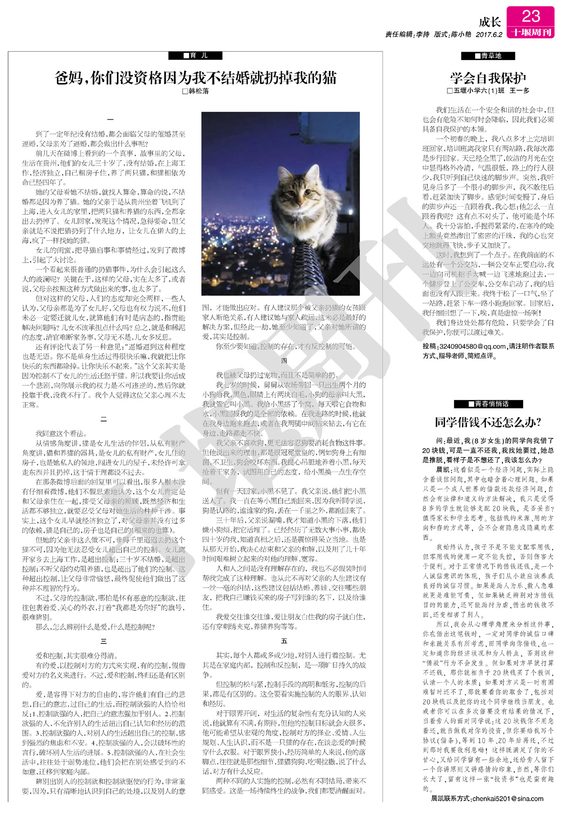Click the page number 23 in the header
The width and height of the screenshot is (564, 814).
click(x=531, y=16)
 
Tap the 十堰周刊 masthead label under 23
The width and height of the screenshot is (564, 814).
click(x=531, y=32)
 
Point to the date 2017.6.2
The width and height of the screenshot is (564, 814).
click(x=489, y=35)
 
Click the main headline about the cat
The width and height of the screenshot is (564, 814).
click(x=196, y=77)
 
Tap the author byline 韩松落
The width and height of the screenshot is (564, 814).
click(x=196, y=91)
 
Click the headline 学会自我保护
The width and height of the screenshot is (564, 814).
click(x=488, y=77)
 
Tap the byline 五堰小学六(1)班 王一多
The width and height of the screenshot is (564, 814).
click(x=488, y=91)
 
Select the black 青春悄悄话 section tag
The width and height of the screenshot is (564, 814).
click(x=488, y=404)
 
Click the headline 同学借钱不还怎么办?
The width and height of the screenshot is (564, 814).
click(x=488, y=422)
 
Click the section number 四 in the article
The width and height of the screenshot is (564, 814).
click(x=284, y=361)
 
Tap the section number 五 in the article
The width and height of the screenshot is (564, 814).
click(x=284, y=641)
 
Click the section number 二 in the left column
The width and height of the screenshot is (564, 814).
click(x=104, y=419)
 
